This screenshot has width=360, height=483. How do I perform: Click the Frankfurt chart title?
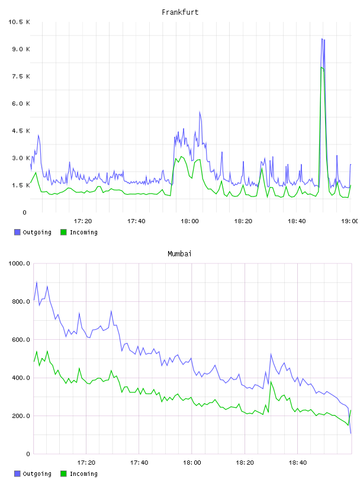[180, 12]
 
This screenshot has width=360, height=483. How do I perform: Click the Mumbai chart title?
[179, 253]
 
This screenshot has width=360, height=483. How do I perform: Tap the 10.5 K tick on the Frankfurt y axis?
[19, 22]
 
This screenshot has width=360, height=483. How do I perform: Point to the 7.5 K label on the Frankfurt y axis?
[21, 76]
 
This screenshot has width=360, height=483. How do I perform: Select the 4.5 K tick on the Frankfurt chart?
[21, 131]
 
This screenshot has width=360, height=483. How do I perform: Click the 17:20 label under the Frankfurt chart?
[83, 221]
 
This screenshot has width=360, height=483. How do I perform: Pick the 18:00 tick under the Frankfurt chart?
[189, 221]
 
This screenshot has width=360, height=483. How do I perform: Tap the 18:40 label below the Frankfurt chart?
[297, 221]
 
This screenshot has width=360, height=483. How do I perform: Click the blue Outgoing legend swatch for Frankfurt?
[17, 232]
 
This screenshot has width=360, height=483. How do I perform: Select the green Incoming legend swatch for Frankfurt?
[63, 232]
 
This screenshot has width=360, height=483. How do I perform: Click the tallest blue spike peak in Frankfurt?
[322, 39]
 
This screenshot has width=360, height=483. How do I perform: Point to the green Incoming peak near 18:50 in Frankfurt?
[322, 67]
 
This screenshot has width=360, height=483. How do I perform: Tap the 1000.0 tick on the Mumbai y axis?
[19, 263]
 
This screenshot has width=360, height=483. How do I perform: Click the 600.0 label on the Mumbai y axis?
[21, 339]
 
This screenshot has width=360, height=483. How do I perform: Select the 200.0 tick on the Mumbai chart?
[21, 416]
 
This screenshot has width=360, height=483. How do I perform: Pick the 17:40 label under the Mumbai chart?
[139, 462]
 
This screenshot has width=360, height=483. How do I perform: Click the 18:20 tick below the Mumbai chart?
[245, 462]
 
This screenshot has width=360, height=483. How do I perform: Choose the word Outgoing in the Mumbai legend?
[37, 474]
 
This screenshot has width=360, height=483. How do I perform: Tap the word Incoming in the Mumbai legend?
[83, 474]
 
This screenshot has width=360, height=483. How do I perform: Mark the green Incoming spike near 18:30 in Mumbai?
[271, 382]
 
